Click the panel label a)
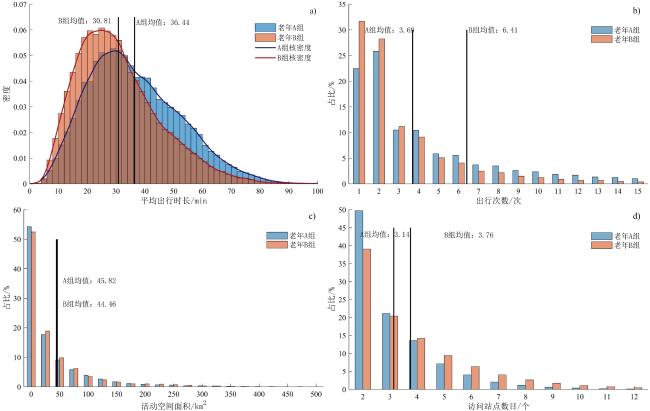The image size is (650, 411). pos(312,11)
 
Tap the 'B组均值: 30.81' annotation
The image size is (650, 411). pos(84,21)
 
